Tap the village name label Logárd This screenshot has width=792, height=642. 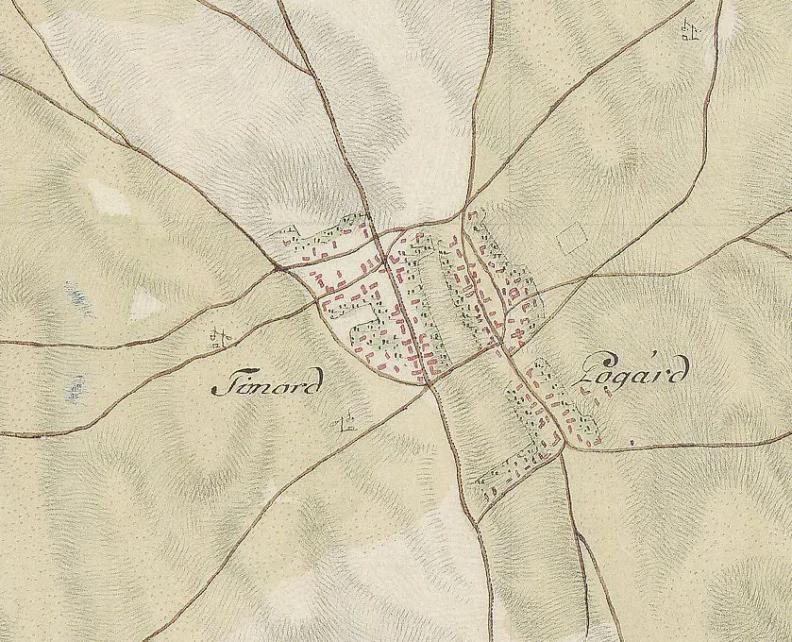[624, 377]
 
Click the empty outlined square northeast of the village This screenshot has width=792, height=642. [572, 236]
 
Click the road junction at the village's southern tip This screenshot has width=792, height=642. [430, 383]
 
